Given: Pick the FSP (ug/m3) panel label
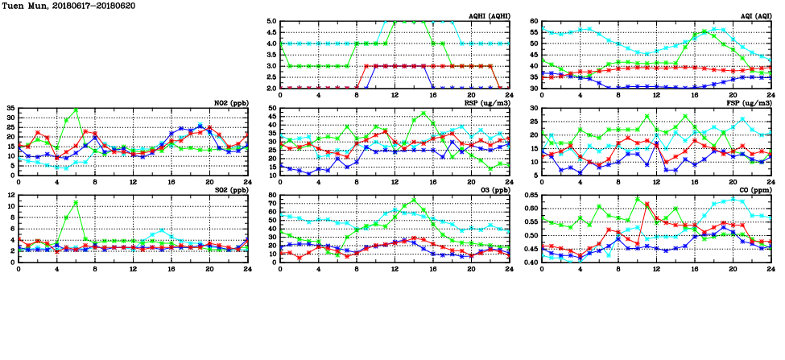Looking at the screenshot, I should tap(747, 103).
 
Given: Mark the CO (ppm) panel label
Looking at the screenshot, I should tap(751, 190).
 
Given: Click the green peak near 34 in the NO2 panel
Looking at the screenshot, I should tap(76, 110).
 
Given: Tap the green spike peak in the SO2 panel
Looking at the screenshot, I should tap(76, 202).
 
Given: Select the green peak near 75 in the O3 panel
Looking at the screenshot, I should tap(414, 200).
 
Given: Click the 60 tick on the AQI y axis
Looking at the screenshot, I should tap(534, 22).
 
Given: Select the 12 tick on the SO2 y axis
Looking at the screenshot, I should tap(11, 195).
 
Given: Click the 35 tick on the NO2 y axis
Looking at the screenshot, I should tap(10, 108).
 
